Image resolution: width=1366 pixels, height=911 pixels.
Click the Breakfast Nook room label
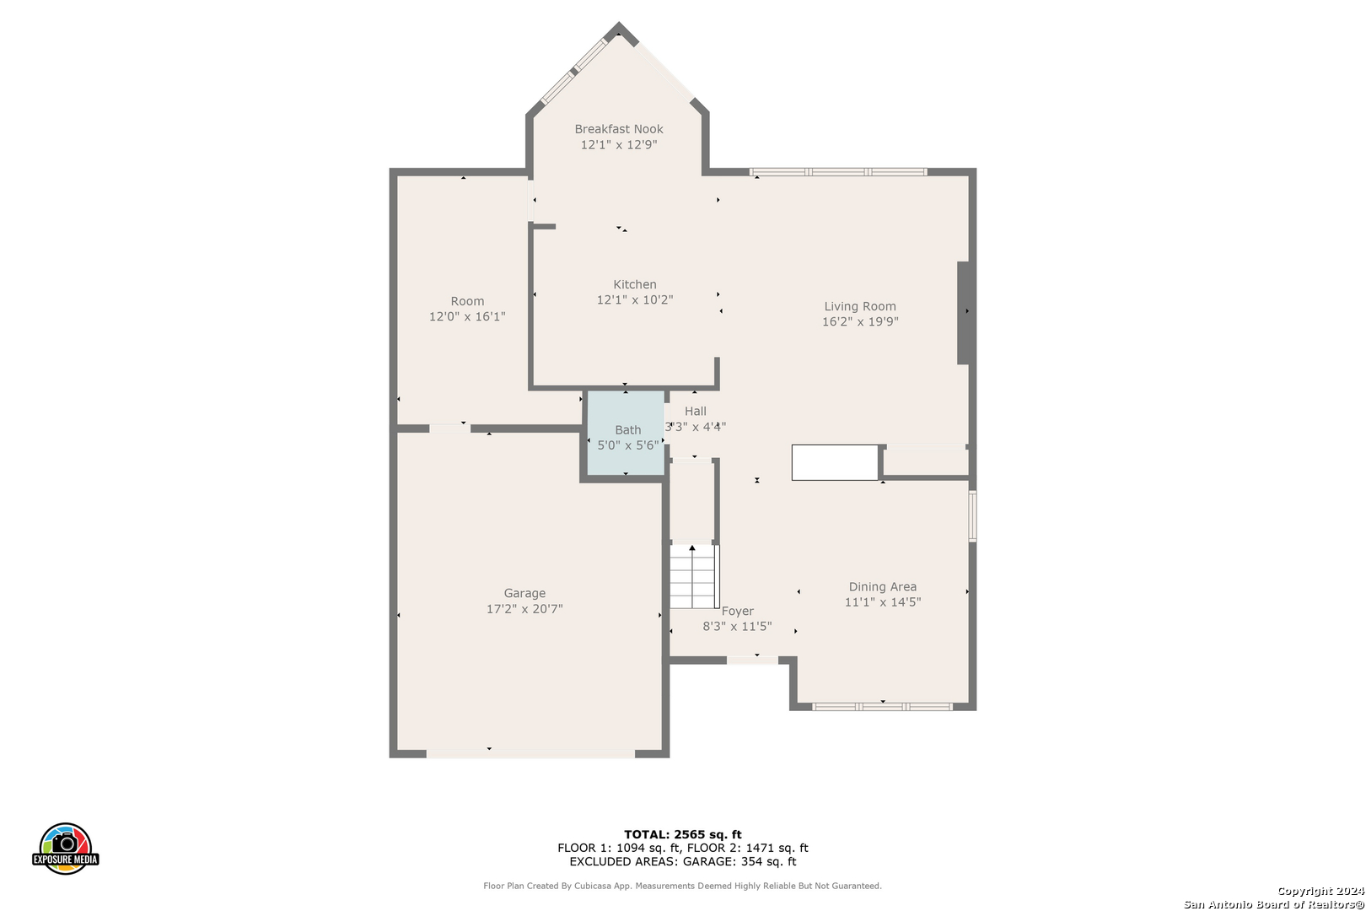coord(618,129)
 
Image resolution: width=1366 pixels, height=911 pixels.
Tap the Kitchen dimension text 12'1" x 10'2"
coord(635,299)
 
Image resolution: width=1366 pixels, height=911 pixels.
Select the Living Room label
coord(860,306)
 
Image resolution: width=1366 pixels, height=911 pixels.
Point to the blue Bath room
coord(626,434)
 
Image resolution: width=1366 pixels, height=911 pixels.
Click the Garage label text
coord(524,593)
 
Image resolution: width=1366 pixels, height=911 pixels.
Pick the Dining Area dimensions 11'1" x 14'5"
coord(882,602)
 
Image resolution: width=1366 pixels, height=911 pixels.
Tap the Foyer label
coord(737,611)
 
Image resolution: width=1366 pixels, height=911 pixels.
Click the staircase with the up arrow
coord(694,577)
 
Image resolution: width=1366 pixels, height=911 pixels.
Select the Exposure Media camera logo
coord(65,848)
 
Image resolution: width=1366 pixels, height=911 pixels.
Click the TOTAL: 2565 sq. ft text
coord(682,834)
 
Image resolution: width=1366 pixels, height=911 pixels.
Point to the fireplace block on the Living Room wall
coord(964,313)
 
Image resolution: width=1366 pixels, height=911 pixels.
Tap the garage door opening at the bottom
coord(530,754)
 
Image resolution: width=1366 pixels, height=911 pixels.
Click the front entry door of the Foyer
coord(752,660)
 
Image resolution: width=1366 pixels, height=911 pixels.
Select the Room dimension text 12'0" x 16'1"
coord(467,316)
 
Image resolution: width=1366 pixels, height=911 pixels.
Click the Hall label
coord(695,412)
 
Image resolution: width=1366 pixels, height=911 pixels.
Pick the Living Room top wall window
coord(838,172)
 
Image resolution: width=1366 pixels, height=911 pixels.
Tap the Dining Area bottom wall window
coord(882,707)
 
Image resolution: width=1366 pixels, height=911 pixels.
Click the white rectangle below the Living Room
coord(835,462)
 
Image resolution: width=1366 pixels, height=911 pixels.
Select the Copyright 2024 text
coord(1320,891)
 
